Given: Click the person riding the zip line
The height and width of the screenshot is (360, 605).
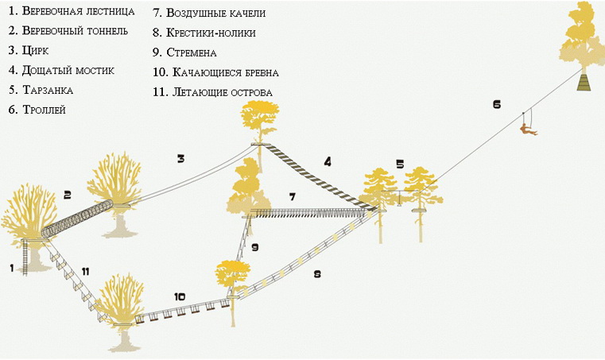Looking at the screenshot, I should tap(525, 126).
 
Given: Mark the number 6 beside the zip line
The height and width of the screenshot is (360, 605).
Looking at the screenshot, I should tap(497, 104).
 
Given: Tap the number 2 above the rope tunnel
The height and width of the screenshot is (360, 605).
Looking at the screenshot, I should tap(68, 194).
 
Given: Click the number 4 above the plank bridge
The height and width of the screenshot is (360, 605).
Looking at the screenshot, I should tap(327, 161).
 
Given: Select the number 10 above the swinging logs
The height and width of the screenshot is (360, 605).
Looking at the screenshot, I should tap(180, 296).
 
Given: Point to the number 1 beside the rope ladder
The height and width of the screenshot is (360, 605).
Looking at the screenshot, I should tap(12, 268).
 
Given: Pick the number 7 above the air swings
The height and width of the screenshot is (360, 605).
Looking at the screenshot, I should tap(292, 195).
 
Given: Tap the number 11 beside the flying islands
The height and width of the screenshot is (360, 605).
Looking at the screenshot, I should tap(85, 272).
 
